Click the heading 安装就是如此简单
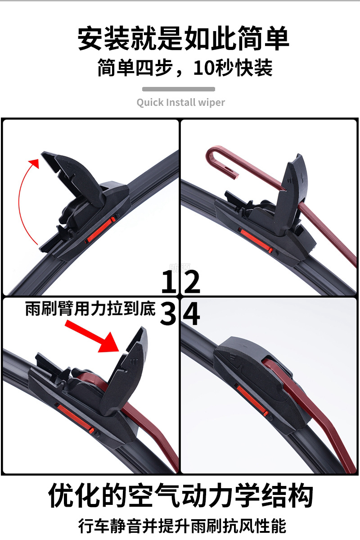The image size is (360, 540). tap(183, 38)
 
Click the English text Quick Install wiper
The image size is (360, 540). tap(181, 103)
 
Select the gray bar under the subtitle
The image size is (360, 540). tap(179, 89)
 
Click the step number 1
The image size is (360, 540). tap(169, 281)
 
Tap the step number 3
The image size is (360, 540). tap(168, 314)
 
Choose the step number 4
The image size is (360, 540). tap(191, 314)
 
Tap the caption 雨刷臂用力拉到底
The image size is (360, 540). tap(90, 309)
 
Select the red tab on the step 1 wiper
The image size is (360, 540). tap(100, 230)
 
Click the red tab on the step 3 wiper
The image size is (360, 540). tap(75, 418)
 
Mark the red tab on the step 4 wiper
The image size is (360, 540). tap(252, 400)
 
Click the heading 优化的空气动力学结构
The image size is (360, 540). tap(181, 495)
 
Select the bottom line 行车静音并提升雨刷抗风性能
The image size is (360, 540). tap(182, 526)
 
